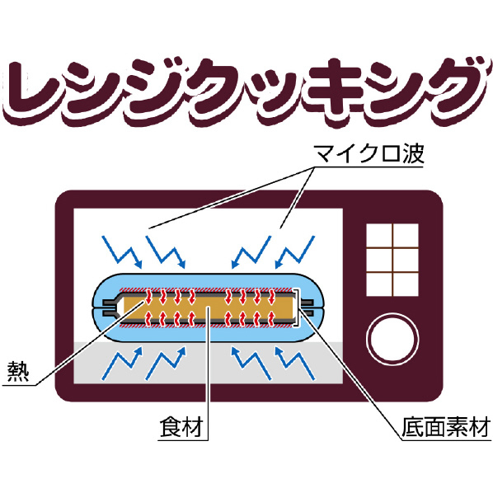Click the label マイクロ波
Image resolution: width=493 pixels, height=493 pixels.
coord(369,153)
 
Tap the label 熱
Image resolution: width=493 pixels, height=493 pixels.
coord(18,371)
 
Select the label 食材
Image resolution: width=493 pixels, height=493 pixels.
coord(181,427)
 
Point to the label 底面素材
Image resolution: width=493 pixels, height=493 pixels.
coord(446,427)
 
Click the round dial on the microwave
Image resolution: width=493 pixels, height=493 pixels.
coord(392,339)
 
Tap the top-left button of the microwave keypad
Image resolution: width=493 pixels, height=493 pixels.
coord(379,236)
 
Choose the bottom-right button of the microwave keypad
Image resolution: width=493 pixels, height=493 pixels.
coord(406,284)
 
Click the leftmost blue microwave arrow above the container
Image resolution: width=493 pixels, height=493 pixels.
coord(122,251)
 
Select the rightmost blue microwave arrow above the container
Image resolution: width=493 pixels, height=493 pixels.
coord(295,251)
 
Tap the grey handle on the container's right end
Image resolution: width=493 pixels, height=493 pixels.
coord(307,308)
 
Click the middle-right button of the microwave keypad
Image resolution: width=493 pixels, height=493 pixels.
coord(406,260)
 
